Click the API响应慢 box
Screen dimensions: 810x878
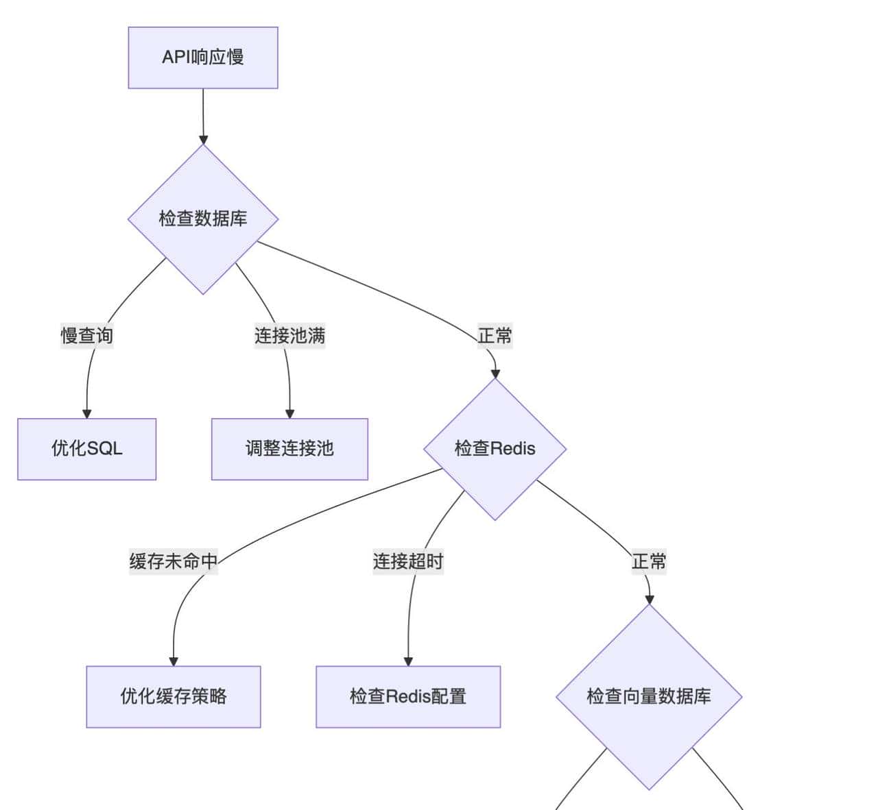pyautogui.click(x=203, y=58)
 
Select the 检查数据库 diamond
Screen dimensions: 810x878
pyautogui.click(x=203, y=219)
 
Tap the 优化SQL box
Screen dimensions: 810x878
pyautogui.click(x=87, y=449)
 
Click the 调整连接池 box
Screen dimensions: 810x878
pyautogui.click(x=289, y=449)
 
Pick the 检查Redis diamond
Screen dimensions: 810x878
pyautogui.click(x=495, y=449)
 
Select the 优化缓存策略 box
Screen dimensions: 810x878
pyautogui.click(x=174, y=696)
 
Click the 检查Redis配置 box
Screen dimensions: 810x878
pyautogui.click(x=408, y=696)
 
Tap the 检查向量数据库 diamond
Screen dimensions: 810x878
pyautogui.click(x=649, y=696)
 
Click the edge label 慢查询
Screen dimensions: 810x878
pyautogui.click(x=87, y=336)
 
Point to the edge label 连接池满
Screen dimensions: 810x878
pyautogui.click(x=289, y=336)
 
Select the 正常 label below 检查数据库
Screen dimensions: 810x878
pyautogui.click(x=495, y=336)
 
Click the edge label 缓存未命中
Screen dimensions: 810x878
pyautogui.click(x=174, y=562)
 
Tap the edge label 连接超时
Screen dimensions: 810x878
pyautogui.click(x=408, y=562)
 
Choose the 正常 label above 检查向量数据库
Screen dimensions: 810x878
pyautogui.click(x=649, y=562)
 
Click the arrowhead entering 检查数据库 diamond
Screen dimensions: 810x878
pyautogui.click(x=203, y=140)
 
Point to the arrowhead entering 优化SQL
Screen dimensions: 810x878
pyautogui.click(x=87, y=414)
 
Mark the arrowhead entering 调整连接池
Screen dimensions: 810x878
pyautogui.click(x=289, y=414)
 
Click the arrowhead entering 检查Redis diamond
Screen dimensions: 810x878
pyautogui.click(x=495, y=373)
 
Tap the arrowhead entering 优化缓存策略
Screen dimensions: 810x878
pyautogui.click(x=174, y=661)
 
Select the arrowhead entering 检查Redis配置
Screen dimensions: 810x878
pyautogui.click(x=408, y=661)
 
